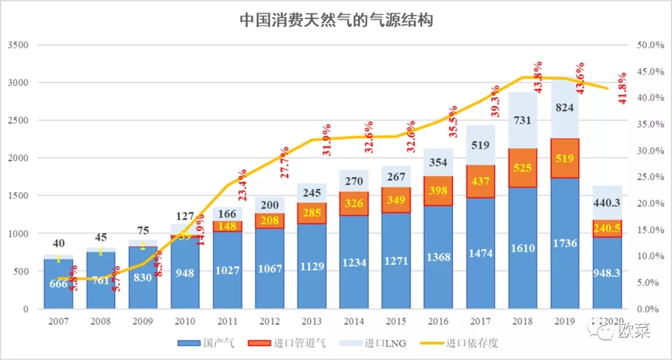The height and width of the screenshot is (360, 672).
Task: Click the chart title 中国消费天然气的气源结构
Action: click(336, 20)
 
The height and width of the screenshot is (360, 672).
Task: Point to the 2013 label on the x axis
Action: click(312, 321)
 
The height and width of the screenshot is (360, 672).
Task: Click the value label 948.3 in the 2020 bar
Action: click(607, 290)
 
